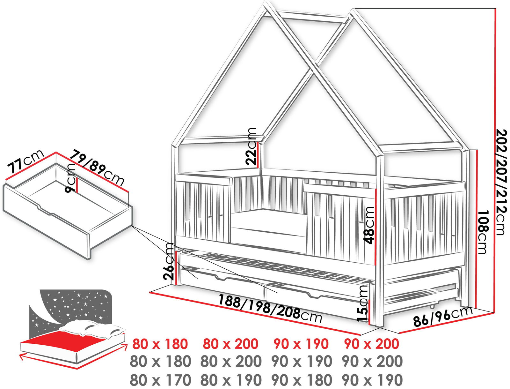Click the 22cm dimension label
(252, 146)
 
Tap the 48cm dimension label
(370, 225)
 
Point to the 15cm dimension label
(363, 303)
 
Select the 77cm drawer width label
(25, 161)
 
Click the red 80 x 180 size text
(160, 344)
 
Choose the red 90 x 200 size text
(372, 344)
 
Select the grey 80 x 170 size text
(160, 380)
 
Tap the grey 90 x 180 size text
(302, 380)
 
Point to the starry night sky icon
(70, 306)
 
